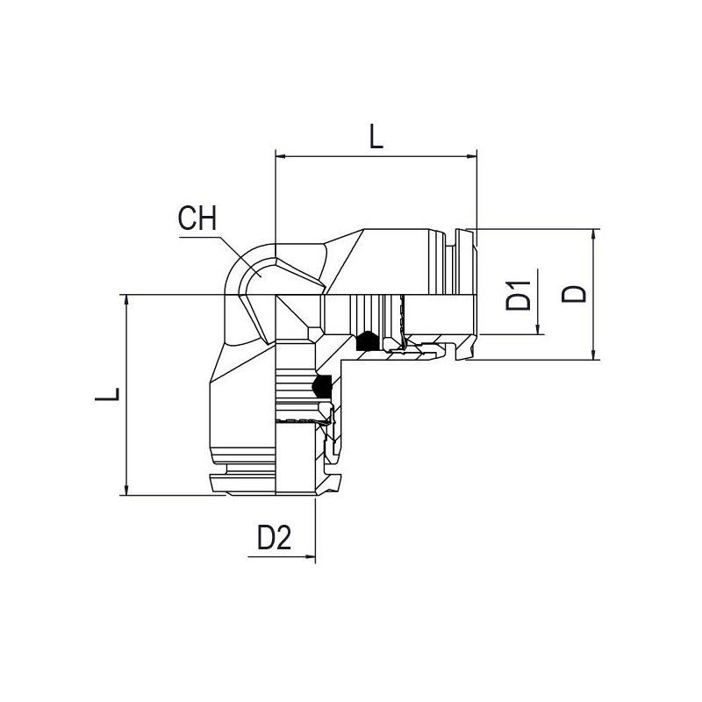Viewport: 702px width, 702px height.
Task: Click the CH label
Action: (x=197, y=218)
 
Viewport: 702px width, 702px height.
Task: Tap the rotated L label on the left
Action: (x=107, y=393)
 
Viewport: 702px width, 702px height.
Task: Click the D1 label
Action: (x=518, y=296)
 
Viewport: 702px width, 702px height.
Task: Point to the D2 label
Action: (x=274, y=538)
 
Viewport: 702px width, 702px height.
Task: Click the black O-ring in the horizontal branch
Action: (x=368, y=341)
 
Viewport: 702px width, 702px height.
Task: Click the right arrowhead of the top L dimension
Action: (x=471, y=156)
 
